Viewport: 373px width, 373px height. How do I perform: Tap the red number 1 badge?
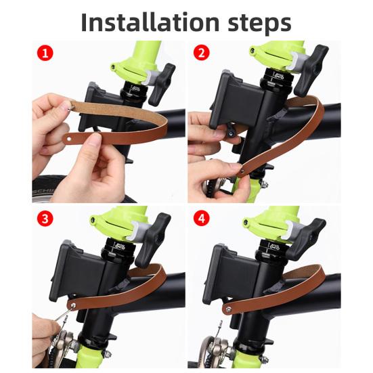[45, 53]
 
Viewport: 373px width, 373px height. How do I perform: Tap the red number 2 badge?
[201, 53]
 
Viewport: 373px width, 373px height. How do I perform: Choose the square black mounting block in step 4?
[231, 271]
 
